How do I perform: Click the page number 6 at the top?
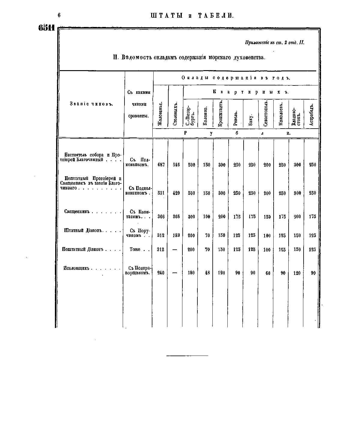59,16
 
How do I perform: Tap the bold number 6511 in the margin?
46,28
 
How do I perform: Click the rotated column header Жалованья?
160,114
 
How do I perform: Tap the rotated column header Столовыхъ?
176,114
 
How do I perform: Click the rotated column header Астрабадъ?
311,115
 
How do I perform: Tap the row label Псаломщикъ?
76,268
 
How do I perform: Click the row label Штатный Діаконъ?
84,231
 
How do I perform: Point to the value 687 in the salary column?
161,165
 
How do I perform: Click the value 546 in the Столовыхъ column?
176,165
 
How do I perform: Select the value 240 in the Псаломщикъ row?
161,273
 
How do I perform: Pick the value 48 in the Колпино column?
207,273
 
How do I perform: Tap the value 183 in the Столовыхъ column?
176,235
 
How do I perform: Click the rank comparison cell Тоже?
135,249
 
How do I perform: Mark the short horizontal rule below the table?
187,356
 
